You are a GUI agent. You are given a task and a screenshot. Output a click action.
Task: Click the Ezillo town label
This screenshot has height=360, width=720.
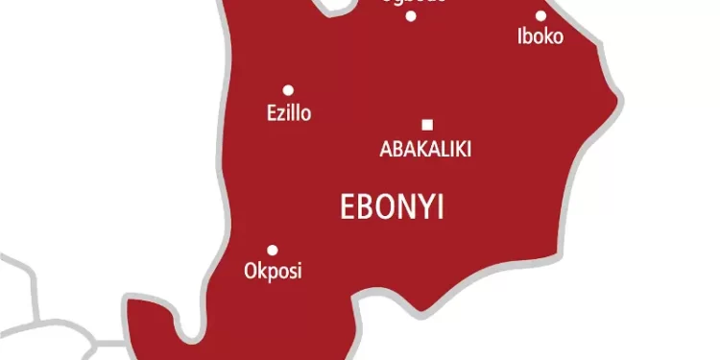click(289, 113)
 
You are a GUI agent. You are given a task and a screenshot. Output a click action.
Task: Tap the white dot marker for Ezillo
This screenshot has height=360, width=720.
click(288, 90)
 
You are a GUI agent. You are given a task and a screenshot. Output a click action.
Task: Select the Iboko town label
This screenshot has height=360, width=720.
click(540, 37)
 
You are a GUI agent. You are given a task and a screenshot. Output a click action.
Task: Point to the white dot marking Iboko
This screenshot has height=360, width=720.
click(540, 15)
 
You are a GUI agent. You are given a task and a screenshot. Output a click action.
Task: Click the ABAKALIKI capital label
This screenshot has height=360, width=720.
click(426, 149)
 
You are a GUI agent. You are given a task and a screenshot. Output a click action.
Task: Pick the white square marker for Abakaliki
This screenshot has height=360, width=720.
click(427, 124)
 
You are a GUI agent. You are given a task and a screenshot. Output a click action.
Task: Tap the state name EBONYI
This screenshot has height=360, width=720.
click(393, 207)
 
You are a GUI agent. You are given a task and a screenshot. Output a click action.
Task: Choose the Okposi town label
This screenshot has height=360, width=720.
click(273, 272)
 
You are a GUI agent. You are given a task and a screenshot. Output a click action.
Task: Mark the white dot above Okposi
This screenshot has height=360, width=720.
click(273, 250)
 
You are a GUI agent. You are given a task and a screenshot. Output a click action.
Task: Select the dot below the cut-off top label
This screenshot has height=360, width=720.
click(411, 15)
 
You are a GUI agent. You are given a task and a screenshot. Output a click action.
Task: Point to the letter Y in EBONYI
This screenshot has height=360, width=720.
click(427, 207)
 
